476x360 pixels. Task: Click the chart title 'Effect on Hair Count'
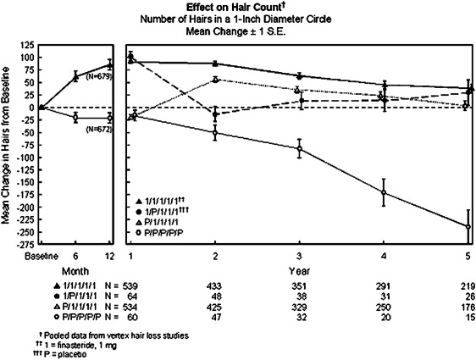point(237,6)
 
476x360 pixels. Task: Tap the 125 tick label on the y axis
point(32,42)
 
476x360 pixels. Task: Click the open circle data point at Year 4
point(385,192)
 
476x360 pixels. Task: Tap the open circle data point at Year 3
point(300,148)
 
